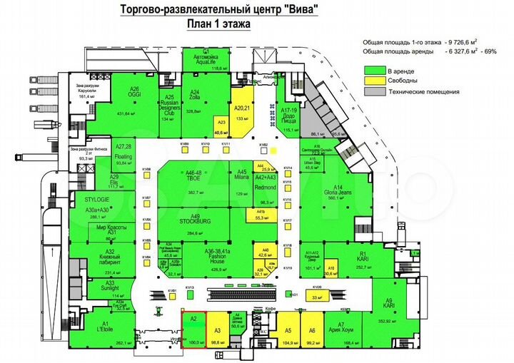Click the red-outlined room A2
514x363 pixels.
pos(193,329)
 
